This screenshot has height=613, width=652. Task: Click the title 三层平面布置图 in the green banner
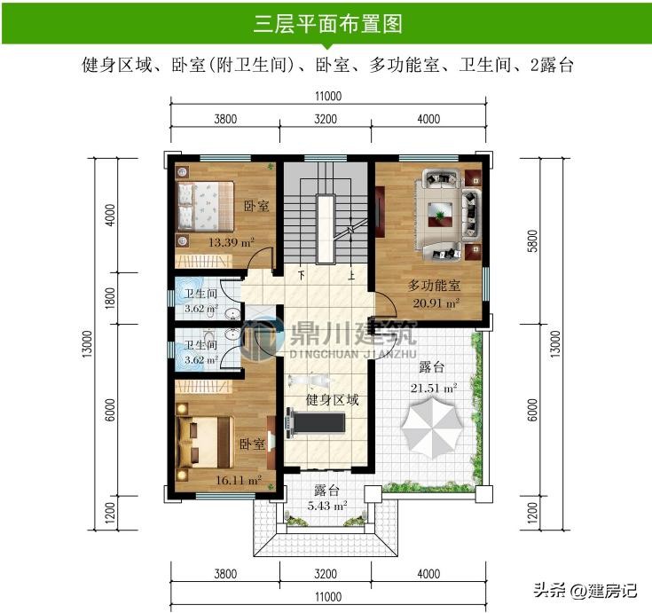click(327, 23)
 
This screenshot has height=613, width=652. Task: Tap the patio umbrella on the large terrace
click(432, 427)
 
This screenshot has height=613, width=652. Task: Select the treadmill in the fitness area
click(315, 422)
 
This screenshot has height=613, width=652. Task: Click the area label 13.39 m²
click(232, 242)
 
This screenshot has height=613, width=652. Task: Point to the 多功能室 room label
click(434, 286)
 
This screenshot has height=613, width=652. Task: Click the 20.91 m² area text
click(436, 303)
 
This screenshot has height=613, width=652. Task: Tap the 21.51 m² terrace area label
click(434, 388)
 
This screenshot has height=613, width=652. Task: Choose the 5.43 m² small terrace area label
click(327, 507)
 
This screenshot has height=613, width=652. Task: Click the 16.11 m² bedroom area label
click(239, 480)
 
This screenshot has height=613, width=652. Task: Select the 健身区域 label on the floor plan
click(332, 400)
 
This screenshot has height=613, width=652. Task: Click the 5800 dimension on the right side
click(532, 240)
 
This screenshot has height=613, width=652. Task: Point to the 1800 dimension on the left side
click(110, 298)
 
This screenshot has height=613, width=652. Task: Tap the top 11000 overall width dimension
click(328, 96)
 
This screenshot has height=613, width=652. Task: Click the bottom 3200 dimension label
click(326, 574)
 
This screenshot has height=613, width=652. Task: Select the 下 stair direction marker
click(302, 275)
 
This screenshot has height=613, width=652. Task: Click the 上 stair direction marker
click(351, 275)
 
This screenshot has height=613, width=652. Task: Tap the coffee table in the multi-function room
click(440, 214)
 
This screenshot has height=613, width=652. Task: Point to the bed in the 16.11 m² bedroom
click(205, 442)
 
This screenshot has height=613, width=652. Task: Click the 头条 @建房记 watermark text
click(585, 590)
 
